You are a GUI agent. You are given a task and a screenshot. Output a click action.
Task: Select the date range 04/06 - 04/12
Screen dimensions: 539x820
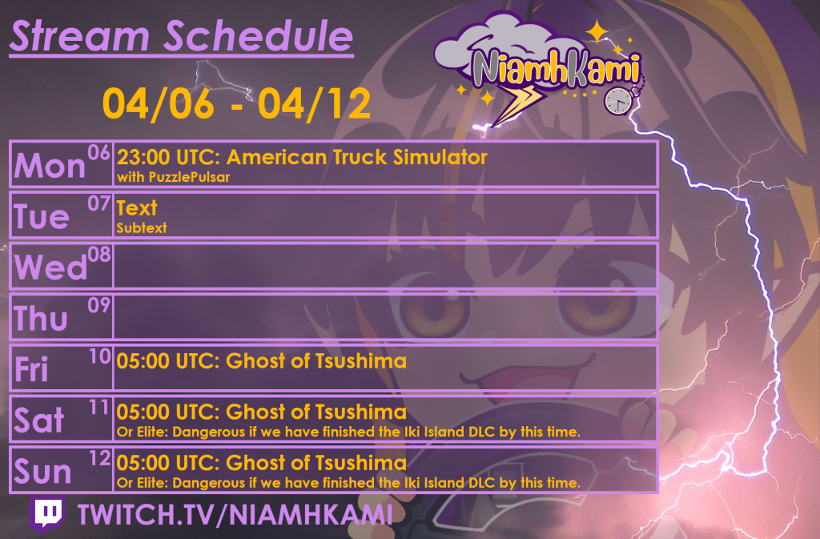click(x=236, y=103)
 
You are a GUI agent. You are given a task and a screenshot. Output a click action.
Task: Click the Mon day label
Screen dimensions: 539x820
click(x=50, y=166)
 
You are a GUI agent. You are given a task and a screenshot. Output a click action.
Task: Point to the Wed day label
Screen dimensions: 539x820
click(x=50, y=267)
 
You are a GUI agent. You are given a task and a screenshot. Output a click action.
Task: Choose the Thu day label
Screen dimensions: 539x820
click(x=42, y=319)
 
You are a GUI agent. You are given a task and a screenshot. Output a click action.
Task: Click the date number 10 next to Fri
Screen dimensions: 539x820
click(x=99, y=357)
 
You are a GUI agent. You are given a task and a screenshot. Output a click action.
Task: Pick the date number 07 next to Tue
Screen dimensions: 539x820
click(x=98, y=203)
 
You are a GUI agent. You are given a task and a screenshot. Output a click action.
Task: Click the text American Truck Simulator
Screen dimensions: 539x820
click(x=356, y=157)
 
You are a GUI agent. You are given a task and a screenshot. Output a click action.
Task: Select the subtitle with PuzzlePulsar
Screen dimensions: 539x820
click(x=173, y=177)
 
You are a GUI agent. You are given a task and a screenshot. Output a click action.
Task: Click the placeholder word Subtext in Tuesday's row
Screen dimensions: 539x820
click(x=142, y=227)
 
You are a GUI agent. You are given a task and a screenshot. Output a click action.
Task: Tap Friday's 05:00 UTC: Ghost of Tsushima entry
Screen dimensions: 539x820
click(x=262, y=361)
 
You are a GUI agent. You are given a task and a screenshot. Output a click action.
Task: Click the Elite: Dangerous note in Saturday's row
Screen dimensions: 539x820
click(x=348, y=432)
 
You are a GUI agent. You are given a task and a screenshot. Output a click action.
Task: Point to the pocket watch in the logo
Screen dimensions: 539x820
click(x=618, y=100)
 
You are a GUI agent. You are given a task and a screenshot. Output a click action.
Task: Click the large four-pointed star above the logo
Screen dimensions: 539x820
click(x=597, y=32)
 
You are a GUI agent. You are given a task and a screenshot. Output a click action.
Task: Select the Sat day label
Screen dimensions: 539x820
click(x=39, y=420)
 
